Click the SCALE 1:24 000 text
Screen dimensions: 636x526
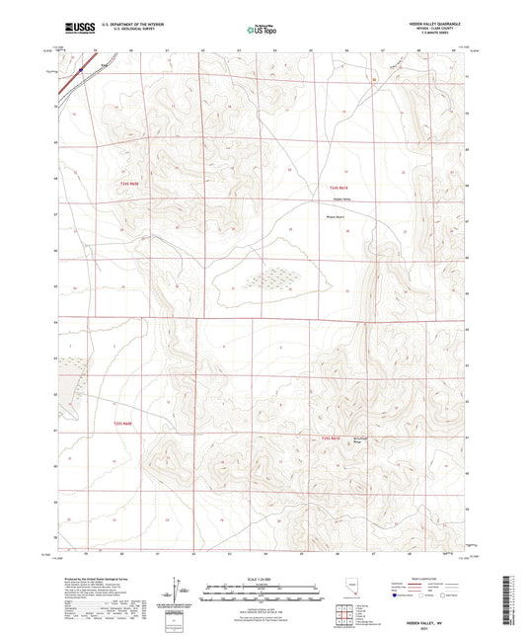(263, 579)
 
